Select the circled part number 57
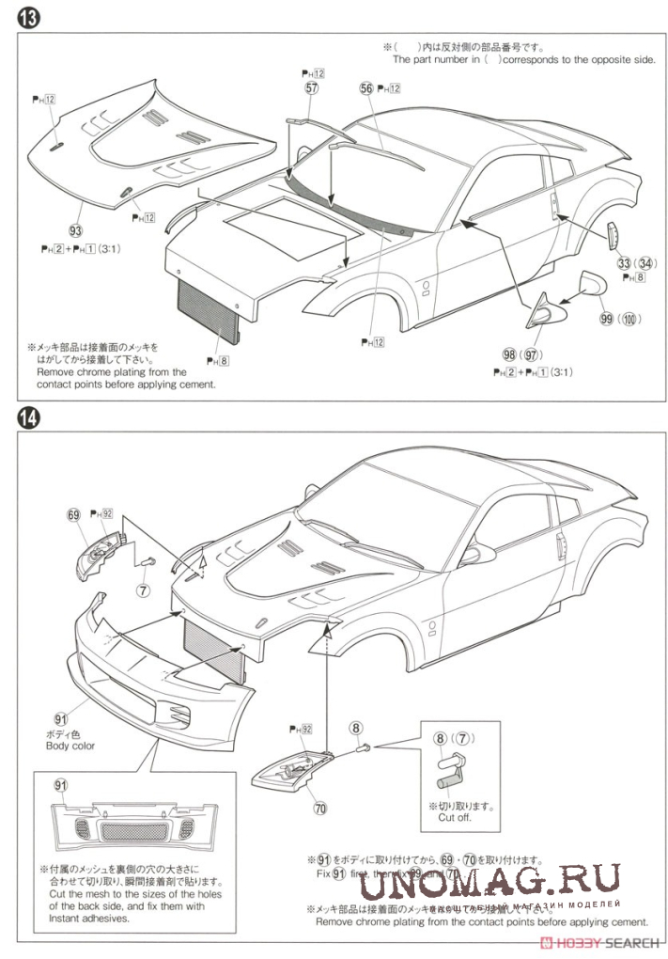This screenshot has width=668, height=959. click(x=312, y=87)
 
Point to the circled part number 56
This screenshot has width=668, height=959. click(x=366, y=87)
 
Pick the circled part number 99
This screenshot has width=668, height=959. click(x=607, y=319)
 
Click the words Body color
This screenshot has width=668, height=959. click(x=70, y=746)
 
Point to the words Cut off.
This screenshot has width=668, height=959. click(x=454, y=817)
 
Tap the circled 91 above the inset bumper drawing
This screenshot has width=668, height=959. click(x=61, y=786)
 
